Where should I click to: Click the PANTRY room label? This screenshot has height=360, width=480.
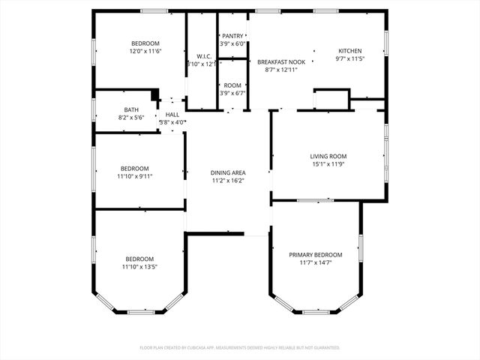(232, 36)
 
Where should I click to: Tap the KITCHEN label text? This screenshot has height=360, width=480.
(350, 51)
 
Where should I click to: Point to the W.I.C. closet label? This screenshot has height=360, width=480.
(203, 56)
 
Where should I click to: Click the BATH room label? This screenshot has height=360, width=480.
(131, 109)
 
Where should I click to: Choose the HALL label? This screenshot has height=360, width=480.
(172, 115)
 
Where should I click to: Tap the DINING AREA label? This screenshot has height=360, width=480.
(228, 172)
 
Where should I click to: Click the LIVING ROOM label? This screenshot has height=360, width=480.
(328, 157)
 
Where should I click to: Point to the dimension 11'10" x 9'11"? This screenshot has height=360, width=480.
(135, 176)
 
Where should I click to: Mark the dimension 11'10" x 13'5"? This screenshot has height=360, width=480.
(139, 266)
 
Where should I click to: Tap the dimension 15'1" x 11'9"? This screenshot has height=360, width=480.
(328, 164)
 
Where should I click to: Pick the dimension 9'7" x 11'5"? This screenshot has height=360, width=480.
(350, 58)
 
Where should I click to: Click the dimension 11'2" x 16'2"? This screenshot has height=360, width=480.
(228, 180)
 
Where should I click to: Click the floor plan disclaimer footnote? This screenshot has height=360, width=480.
(240, 348)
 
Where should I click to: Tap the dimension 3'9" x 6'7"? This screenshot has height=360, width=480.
(232, 94)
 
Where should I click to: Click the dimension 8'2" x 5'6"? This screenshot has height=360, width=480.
(131, 117)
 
